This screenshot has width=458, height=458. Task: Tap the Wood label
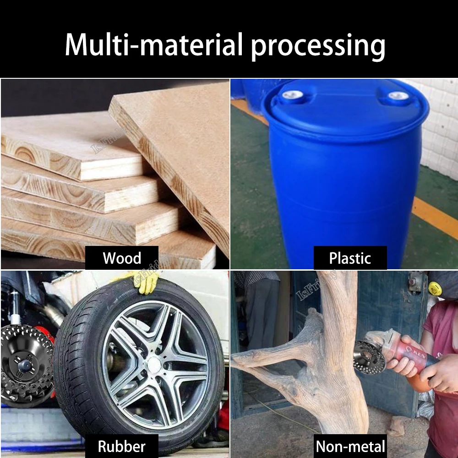[x=122, y=258]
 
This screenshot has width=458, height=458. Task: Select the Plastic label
[x=350, y=258]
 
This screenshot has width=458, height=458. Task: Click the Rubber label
[x=122, y=446]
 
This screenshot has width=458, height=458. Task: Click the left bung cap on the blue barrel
[x=292, y=95]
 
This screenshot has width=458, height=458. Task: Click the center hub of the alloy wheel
[x=154, y=365]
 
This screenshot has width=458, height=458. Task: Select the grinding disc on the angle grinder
[x=369, y=357]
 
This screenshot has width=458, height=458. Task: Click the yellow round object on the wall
[x=435, y=289]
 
